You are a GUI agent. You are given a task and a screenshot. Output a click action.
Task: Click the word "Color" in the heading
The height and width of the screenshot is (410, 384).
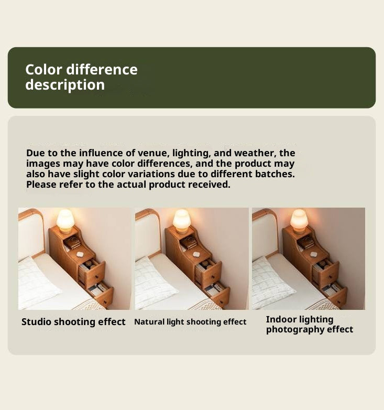43,70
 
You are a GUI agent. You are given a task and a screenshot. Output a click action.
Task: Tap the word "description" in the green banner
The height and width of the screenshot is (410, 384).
65,85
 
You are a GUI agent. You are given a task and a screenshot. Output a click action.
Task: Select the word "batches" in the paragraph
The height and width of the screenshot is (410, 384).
275,174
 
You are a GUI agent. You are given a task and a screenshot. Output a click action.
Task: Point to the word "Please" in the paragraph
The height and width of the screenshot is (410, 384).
41,185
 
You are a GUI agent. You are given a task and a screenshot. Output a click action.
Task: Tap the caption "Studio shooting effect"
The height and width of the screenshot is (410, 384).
73,322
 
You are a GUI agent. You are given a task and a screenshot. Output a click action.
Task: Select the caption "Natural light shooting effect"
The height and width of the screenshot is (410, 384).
190,322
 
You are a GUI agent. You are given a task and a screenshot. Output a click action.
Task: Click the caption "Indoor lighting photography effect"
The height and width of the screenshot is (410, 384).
309,325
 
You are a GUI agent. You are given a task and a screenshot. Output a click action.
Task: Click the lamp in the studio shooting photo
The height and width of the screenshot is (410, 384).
65,221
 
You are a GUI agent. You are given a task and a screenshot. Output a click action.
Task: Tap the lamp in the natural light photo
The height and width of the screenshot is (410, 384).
182,221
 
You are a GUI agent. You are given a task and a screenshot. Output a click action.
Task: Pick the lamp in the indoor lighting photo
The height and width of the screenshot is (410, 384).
299,221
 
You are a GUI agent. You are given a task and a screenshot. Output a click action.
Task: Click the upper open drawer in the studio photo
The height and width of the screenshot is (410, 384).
92,273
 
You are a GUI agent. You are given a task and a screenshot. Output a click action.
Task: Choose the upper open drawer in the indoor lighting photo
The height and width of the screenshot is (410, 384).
326,273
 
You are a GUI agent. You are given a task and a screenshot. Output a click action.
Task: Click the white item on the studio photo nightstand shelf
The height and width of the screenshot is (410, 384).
80,254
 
